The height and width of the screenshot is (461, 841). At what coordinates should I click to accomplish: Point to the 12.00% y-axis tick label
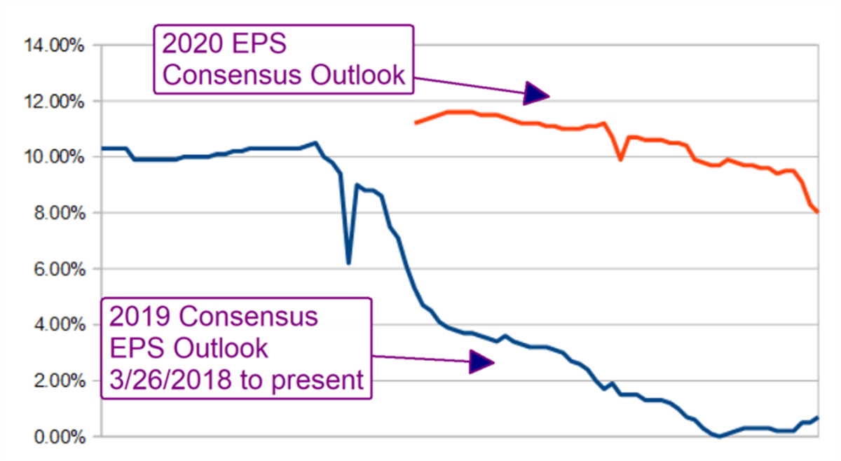click(x=55, y=102)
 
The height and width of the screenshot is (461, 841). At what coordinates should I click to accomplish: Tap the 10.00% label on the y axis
click(x=55, y=157)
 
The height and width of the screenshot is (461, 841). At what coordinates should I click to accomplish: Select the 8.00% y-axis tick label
click(x=58, y=213)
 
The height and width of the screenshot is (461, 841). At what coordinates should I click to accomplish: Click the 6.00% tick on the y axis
click(x=58, y=269)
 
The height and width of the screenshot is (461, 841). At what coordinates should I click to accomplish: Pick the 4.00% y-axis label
click(x=58, y=325)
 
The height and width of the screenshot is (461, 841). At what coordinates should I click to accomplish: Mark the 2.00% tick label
click(x=58, y=381)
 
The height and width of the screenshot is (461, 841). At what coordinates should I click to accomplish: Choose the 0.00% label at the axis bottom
click(x=58, y=437)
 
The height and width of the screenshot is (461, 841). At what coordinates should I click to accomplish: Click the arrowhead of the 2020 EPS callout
click(x=536, y=93)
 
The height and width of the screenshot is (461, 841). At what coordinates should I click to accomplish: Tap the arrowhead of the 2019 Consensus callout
click(x=481, y=362)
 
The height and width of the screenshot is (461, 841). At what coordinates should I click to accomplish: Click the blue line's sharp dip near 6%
click(x=348, y=263)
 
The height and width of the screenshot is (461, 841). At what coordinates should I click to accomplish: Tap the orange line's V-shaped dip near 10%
click(x=620, y=160)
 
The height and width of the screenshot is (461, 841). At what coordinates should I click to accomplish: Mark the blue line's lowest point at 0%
click(x=718, y=436)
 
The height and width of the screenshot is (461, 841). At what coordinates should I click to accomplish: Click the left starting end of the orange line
click(x=416, y=123)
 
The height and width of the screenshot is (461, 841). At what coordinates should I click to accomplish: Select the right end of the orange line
click(x=817, y=212)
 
